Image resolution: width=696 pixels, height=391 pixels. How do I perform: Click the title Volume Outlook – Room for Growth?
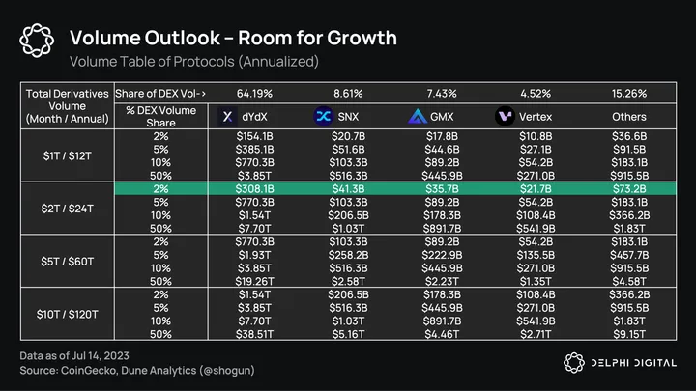coord(233,38)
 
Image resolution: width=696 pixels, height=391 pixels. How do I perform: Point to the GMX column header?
coord(429,117)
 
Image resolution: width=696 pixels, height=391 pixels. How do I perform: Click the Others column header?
coord(628,117)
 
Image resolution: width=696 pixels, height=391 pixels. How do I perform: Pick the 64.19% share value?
coord(256,92)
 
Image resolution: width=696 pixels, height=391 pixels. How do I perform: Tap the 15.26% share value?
coord(628,92)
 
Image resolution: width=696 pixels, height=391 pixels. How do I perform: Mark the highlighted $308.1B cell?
coord(256,189)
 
